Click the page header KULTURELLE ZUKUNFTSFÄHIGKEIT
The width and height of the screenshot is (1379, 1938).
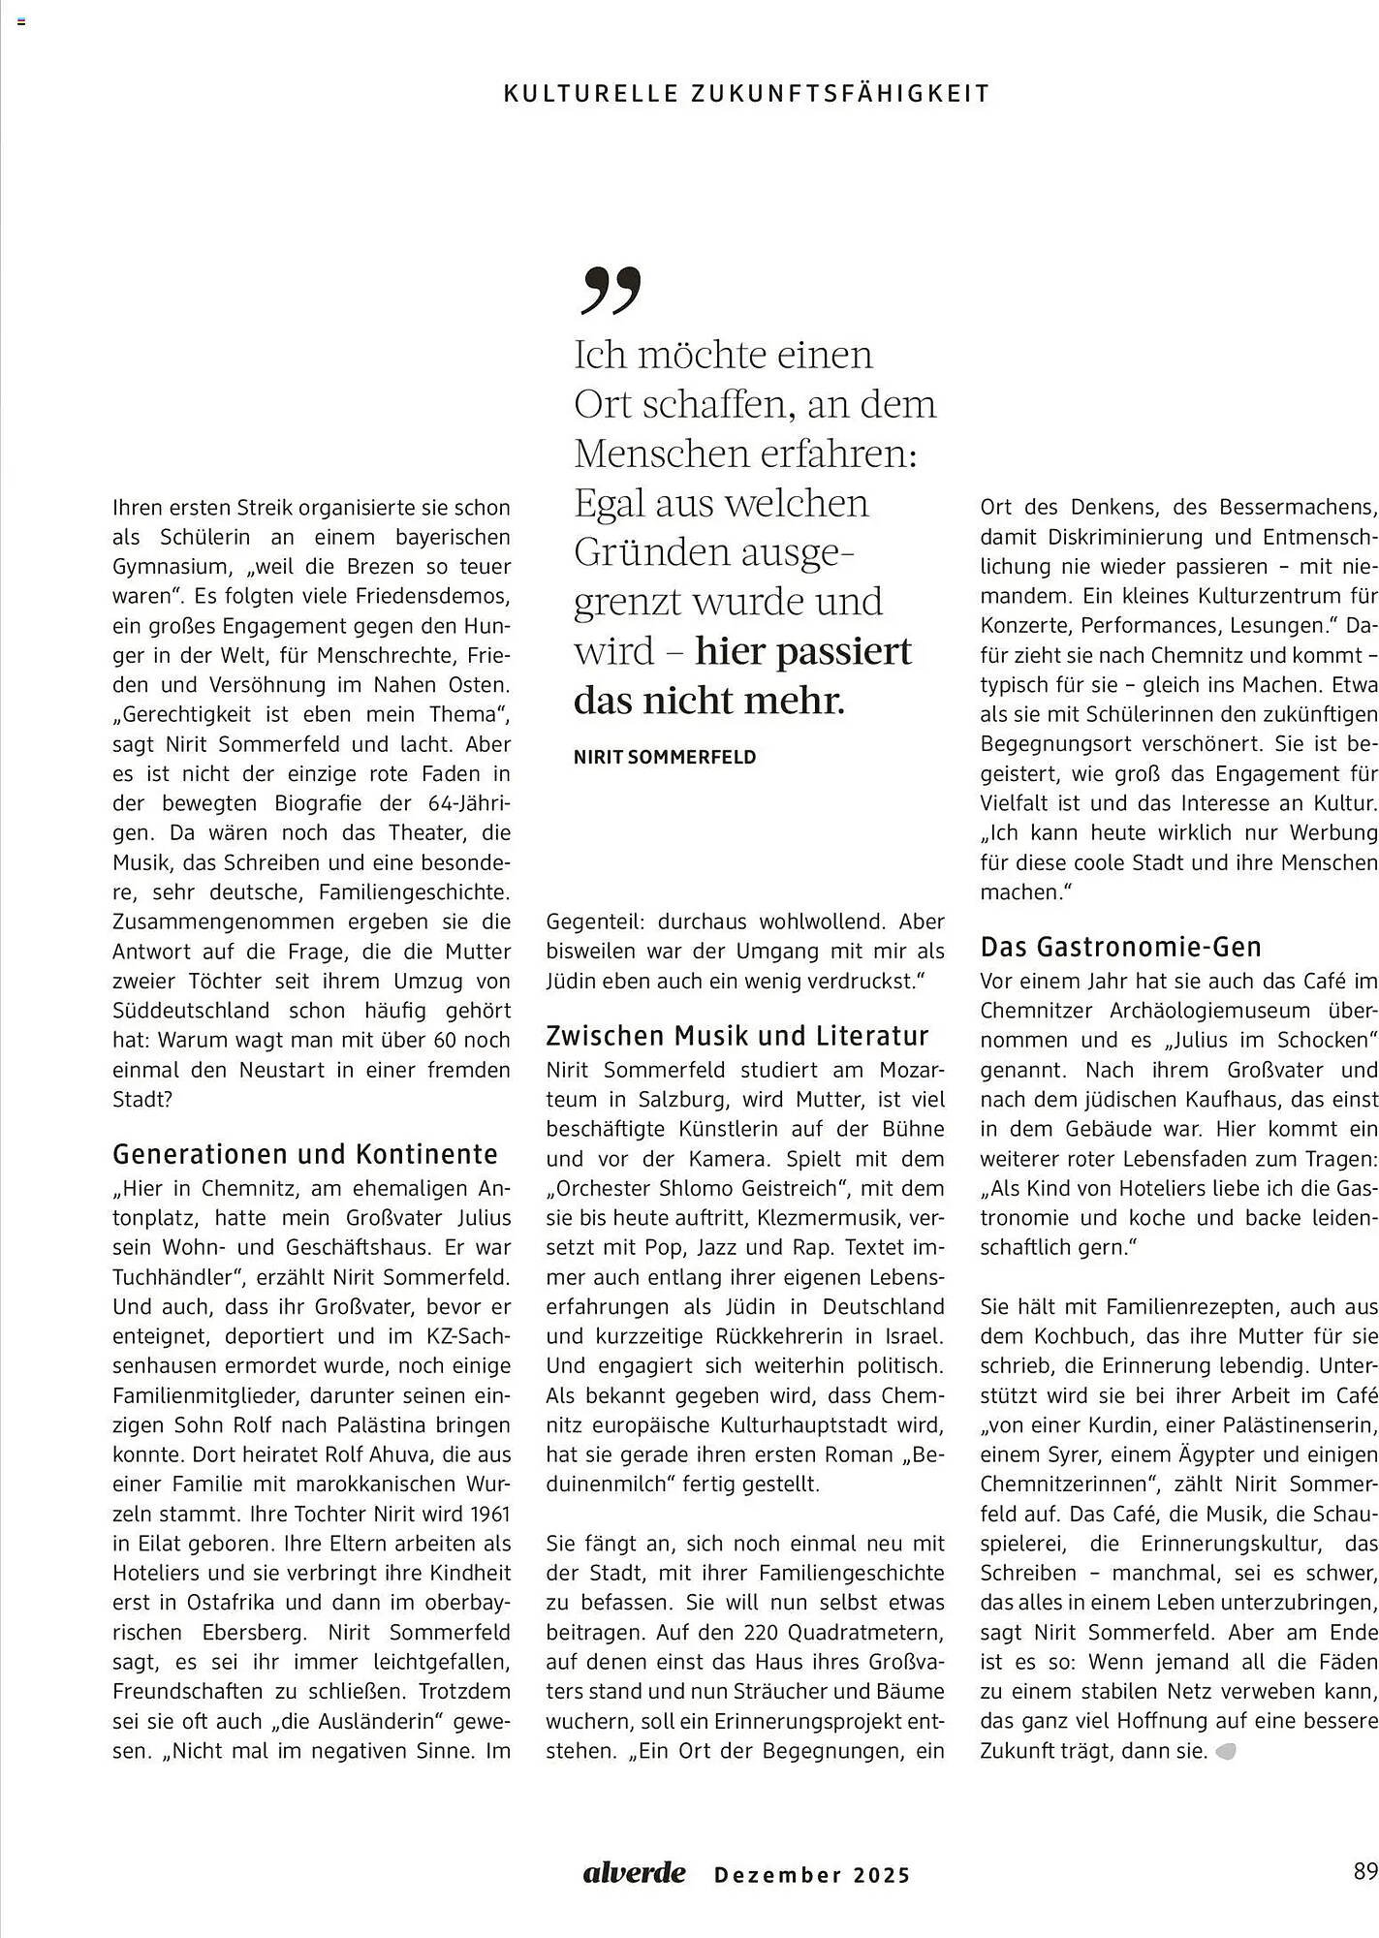pyautogui.click(x=747, y=94)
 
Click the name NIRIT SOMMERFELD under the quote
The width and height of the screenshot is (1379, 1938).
pyautogui.click(x=665, y=758)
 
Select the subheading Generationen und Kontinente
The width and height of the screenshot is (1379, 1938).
pyautogui.click(x=305, y=1154)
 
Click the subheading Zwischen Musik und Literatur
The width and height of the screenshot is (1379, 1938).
pyautogui.click(x=737, y=1036)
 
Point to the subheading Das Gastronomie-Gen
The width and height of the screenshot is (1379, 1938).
pyautogui.click(x=1121, y=947)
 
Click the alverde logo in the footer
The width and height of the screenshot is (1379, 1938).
pyautogui.click(x=634, y=1873)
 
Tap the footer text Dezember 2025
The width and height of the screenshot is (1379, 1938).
pyautogui.click(x=812, y=1875)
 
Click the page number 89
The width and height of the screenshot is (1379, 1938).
pyautogui.click(x=1365, y=1871)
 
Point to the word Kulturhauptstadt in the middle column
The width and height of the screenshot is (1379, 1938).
pyautogui.click(x=810, y=1425)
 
